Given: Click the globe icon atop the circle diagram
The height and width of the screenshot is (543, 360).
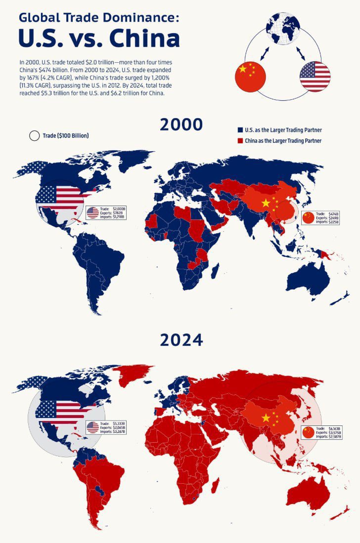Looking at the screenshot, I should [283, 28].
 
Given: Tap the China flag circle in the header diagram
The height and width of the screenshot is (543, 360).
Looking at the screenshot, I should [250, 76].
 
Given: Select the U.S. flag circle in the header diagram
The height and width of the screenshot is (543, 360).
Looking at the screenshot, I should [315, 76].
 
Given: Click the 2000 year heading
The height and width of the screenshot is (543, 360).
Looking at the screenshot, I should [181, 125].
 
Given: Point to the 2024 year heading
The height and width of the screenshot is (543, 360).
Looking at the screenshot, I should [181, 340].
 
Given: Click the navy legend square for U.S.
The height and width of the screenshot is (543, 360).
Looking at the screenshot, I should [240, 130].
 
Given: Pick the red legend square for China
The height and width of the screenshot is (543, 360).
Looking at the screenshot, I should [240, 141].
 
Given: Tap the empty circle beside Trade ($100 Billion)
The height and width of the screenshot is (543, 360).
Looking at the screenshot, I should [34, 135].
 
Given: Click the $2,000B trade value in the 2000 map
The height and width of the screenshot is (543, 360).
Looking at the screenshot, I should [119, 209].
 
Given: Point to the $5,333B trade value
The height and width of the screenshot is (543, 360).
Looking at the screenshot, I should [119, 423].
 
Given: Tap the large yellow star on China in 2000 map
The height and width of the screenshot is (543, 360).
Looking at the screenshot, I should [266, 203].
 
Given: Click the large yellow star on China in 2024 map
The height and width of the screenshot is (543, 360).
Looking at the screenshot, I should [266, 418].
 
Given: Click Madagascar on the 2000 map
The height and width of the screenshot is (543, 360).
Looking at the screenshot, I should [215, 271].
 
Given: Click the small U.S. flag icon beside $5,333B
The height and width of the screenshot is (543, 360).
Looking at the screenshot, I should [92, 427].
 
